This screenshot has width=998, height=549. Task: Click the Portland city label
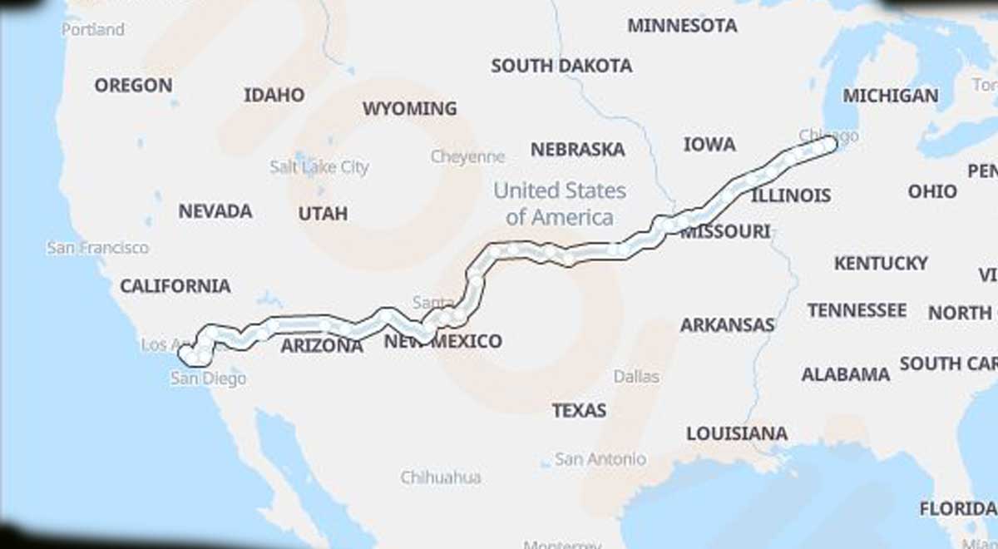pyautogui.click(x=93, y=29)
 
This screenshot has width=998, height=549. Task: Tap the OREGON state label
pyautogui.click(x=133, y=85)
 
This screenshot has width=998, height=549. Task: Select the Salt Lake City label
pyautogui.click(x=319, y=167)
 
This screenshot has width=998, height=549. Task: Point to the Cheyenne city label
pyautogui.click(x=467, y=156)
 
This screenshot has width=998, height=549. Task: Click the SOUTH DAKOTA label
pyautogui.click(x=561, y=66)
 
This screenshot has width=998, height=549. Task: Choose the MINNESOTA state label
pyautogui.click(x=682, y=26)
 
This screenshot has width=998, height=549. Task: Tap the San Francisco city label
pyautogui.click(x=98, y=248)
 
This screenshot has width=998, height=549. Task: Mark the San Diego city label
pyautogui.click(x=209, y=378)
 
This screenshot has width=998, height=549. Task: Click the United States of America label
pyautogui.click(x=560, y=204)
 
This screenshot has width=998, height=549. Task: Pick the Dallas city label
pyautogui.click(x=636, y=377)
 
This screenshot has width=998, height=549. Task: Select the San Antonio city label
pyautogui.click(x=600, y=458)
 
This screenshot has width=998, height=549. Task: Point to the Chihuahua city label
pyautogui.click(x=441, y=477)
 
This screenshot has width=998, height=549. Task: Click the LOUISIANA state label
pyautogui.click(x=737, y=433)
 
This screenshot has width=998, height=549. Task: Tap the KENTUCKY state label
pyautogui.click(x=881, y=264)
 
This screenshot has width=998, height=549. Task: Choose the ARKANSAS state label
pyautogui.click(x=728, y=325)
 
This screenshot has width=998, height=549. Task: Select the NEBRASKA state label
pyautogui.click(x=578, y=150)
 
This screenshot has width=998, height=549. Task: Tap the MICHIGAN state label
pyautogui.click(x=891, y=96)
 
